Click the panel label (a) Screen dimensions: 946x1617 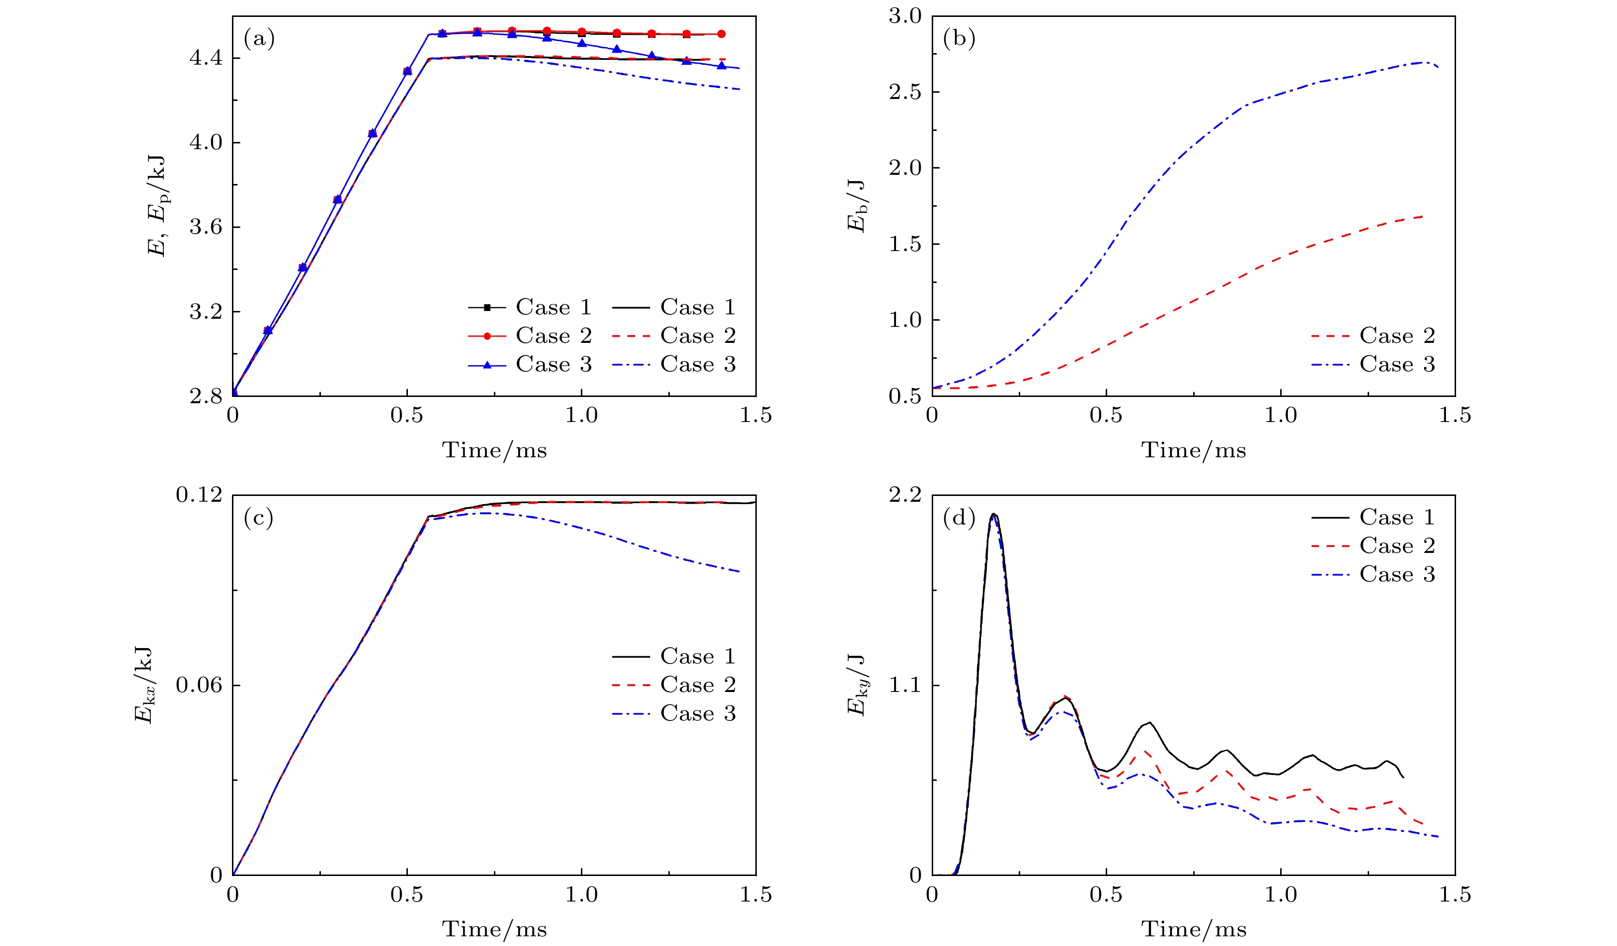(x=259, y=39)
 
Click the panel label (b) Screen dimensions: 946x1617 (x=959, y=39)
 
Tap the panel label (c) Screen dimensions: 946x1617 (x=259, y=518)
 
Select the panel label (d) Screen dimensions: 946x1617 (x=959, y=518)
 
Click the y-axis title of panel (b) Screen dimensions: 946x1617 (x=857, y=206)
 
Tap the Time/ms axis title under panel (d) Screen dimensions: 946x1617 (x=1194, y=929)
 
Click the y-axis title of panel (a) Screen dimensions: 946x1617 (x=157, y=206)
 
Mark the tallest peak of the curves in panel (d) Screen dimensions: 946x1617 (x=993, y=514)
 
